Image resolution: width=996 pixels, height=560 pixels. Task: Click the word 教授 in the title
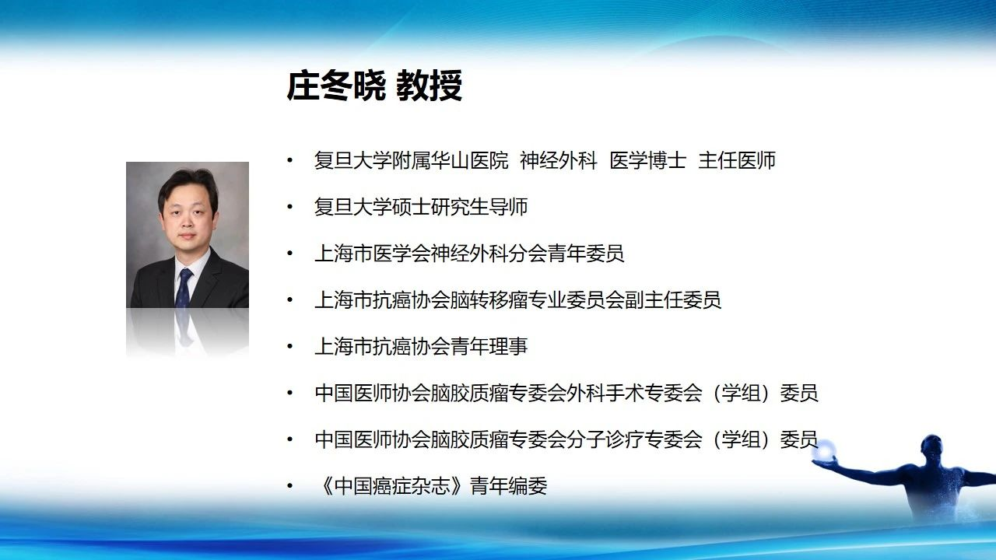coord(429,86)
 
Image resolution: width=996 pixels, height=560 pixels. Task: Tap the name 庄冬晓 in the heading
coord(335,86)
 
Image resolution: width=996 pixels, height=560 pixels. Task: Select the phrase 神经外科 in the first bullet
coord(559,160)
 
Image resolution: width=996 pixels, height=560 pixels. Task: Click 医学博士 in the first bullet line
coord(648,160)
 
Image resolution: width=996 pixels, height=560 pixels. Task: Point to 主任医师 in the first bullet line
coord(737,160)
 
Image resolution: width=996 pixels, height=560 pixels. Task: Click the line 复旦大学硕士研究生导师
coord(421,207)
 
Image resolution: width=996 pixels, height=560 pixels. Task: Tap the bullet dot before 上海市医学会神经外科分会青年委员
coord(290,254)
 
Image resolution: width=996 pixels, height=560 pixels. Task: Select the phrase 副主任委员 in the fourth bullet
coord(673,300)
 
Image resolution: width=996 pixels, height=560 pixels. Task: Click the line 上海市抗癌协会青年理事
coord(421,347)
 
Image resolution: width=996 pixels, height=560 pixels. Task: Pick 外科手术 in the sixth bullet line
coord(605,394)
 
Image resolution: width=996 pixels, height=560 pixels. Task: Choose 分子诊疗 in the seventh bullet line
coord(605,439)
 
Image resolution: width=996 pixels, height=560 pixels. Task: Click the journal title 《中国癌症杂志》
coord(392,486)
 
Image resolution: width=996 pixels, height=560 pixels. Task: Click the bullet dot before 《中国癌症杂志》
coord(290,486)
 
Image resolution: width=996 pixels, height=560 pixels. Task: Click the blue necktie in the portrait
coord(184,288)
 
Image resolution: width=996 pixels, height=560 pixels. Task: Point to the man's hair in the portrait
coord(188,182)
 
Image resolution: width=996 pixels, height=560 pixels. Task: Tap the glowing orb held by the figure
coord(826,450)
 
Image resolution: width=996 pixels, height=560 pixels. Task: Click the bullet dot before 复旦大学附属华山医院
coord(290,160)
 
